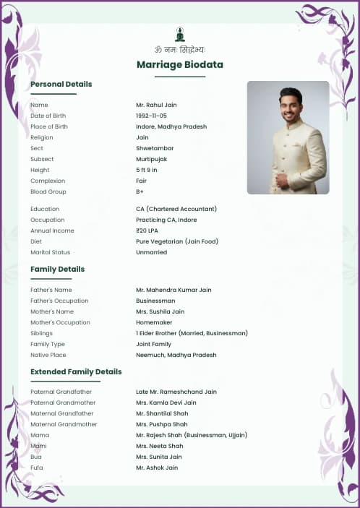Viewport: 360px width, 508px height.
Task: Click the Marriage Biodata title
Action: [180, 65]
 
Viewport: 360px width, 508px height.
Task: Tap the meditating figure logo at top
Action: [180, 34]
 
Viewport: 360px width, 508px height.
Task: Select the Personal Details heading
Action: [61, 85]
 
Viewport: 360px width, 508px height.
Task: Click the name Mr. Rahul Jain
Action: [156, 105]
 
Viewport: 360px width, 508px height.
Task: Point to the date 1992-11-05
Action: [151, 116]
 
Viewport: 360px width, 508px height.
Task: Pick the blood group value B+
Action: [140, 191]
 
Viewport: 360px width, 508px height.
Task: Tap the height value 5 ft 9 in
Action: [147, 170]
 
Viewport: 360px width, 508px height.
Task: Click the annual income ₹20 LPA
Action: [147, 231]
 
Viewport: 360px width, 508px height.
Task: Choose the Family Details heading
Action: [57, 270]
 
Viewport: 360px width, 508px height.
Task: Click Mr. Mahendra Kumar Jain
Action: [173, 290]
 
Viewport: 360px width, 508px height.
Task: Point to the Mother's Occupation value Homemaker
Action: [154, 322]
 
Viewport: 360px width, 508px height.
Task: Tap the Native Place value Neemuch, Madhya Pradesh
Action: [176, 355]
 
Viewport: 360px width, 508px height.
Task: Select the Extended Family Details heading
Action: [76, 372]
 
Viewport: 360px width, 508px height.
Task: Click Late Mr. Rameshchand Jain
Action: [176, 392]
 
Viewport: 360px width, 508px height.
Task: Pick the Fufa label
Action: [36, 468]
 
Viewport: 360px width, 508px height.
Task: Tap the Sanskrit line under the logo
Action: [180, 50]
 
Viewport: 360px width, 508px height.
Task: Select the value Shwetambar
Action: [155, 148]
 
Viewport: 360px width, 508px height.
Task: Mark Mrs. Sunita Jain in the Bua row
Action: [159, 457]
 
